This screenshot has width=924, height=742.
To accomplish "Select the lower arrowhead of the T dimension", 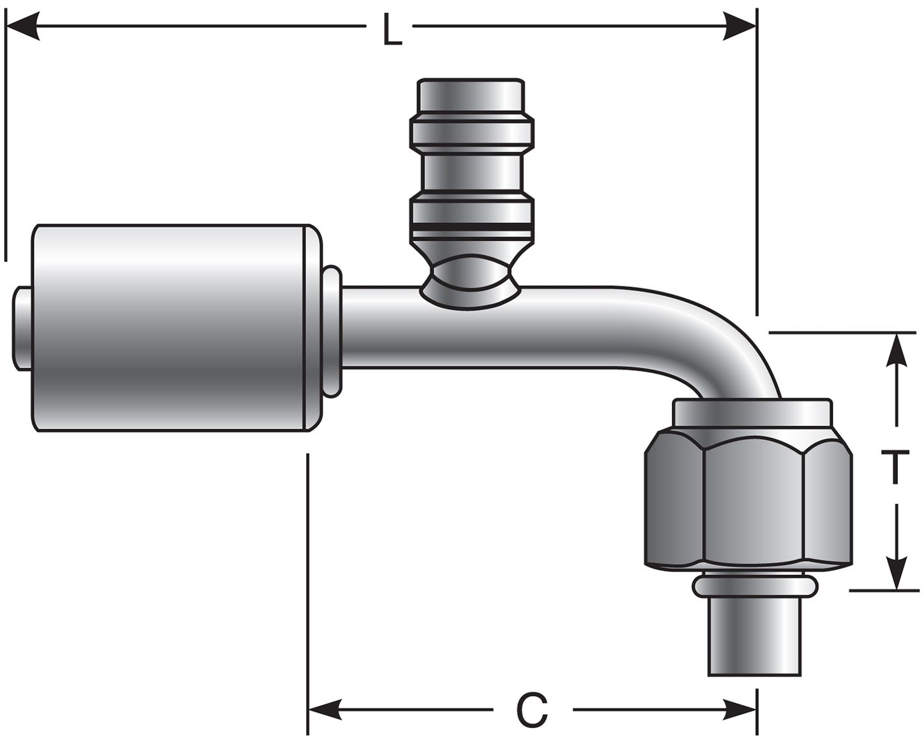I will [897, 574].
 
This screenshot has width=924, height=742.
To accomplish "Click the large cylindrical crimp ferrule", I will [172, 328].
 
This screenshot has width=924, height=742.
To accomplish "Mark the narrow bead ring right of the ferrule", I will [332, 331].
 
